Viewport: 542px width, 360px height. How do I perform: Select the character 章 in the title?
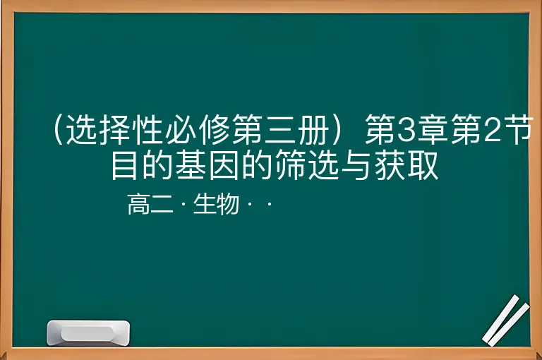(432, 131)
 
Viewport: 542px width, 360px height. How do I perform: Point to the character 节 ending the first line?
(517, 131)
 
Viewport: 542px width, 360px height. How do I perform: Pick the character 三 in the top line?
(281, 131)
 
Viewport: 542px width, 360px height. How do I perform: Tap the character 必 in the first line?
(181, 131)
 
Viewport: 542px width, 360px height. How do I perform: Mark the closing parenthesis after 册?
(337, 131)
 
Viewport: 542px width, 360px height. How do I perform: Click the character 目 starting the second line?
(124, 164)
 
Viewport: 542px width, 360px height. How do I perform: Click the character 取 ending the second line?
(424, 164)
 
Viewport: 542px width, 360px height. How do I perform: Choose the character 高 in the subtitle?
(138, 204)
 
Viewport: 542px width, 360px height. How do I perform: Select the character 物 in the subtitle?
(228, 204)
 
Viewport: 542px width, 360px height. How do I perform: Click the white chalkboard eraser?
(88, 332)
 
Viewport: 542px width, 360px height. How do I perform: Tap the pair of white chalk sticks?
(505, 320)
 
